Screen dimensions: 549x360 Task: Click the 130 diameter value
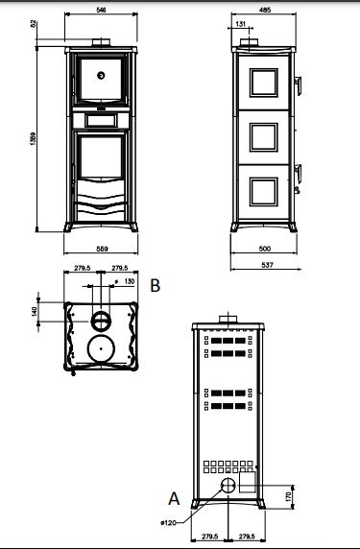click(x=129, y=282)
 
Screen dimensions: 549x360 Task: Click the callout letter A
click(x=173, y=498)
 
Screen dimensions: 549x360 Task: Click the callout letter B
click(x=155, y=285)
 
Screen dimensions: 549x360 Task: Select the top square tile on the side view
click(x=261, y=84)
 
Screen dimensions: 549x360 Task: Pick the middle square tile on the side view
click(x=261, y=138)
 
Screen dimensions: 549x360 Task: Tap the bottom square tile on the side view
click(x=261, y=192)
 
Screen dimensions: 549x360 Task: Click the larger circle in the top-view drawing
click(x=100, y=346)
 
